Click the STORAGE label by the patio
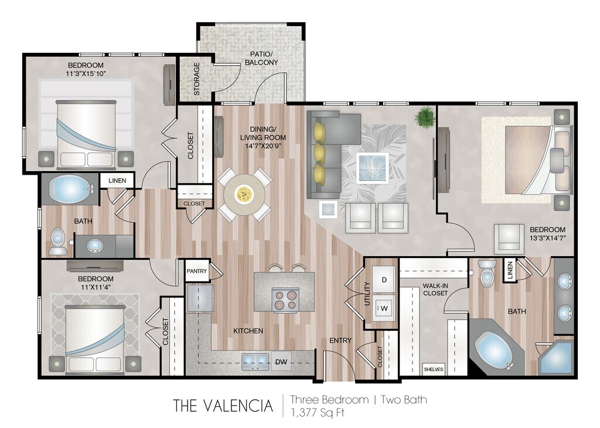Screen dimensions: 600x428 click(197, 79)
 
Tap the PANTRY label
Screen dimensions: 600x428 click(197, 271)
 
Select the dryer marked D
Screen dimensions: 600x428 click(384, 280)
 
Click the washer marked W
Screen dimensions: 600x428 click(384, 308)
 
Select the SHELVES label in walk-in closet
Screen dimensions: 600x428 click(434, 369)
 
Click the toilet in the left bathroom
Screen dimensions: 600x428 click(57, 242)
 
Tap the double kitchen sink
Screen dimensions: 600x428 click(255, 361)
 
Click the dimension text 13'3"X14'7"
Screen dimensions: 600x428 click(547, 237)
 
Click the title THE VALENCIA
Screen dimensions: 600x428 click(223, 406)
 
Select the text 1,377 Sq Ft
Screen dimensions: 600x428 click(318, 413)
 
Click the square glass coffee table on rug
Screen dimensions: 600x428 click(372, 168)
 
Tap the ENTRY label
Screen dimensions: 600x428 click(340, 340)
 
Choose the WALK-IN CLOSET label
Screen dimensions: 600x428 click(435, 290)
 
